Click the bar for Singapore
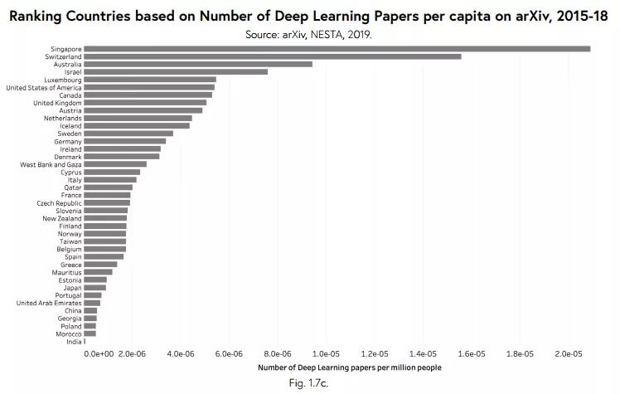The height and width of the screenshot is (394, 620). [x=337, y=49]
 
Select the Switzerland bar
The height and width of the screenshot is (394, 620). [x=272, y=56]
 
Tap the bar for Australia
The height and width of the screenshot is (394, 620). [x=198, y=64]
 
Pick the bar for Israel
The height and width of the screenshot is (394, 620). [x=176, y=72]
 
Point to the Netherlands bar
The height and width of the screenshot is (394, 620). [x=138, y=119]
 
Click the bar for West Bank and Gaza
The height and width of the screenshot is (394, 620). [x=115, y=164]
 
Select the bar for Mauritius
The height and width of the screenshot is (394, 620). [x=98, y=272]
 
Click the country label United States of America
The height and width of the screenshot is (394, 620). [x=44, y=87]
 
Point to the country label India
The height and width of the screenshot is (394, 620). [x=74, y=342]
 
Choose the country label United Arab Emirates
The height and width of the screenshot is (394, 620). [x=49, y=303]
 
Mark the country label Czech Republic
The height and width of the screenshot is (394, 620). [x=59, y=203]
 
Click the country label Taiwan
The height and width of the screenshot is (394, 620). [x=70, y=241]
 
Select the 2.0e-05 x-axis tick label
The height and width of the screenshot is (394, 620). [x=569, y=354]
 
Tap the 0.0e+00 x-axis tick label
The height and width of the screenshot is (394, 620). [x=99, y=354]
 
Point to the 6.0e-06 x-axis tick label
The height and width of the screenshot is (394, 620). [x=229, y=354]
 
